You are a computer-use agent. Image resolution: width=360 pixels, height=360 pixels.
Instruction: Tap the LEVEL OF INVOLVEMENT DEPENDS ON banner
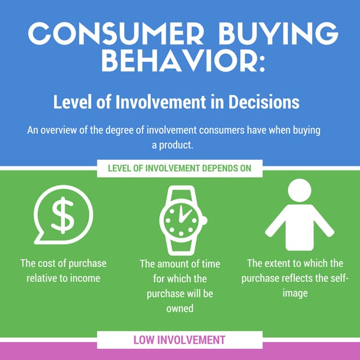pyautogui.click(x=180, y=168)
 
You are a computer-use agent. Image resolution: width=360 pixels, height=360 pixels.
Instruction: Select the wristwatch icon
pyautogui.click(x=180, y=218)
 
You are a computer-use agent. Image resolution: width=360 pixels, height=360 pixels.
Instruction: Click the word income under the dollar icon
pyautogui.click(x=85, y=278)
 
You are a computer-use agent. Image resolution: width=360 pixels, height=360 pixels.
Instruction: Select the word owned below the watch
pyautogui.click(x=180, y=308)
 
